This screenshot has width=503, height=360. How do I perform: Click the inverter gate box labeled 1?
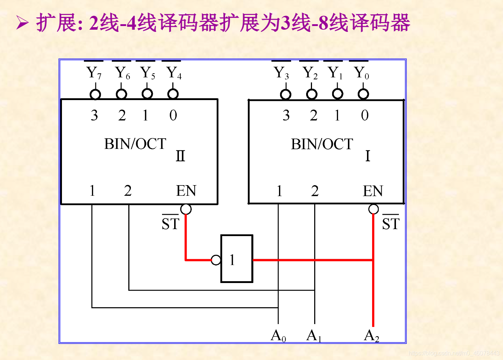pyautogui.click(x=236, y=259)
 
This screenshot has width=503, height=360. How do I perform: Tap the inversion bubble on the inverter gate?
pyautogui.click(x=216, y=260)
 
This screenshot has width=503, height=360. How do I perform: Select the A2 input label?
pyautogui.click(x=371, y=335)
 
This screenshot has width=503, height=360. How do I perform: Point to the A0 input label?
pyautogui.click(x=278, y=335)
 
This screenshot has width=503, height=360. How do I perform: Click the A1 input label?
pyautogui.click(x=314, y=335)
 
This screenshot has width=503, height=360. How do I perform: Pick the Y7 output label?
pyautogui.click(x=94, y=73)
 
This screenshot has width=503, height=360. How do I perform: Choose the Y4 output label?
pyautogui.click(x=174, y=73)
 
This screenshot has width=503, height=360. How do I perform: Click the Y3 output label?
pyautogui.click(x=281, y=73)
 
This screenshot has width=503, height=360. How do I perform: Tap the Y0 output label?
pyautogui.click(x=361, y=73)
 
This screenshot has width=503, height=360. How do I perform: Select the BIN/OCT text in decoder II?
pyautogui.click(x=135, y=144)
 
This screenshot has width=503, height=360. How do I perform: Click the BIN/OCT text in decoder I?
pyautogui.click(x=322, y=144)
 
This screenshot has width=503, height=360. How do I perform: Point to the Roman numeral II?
pyautogui.click(x=180, y=156)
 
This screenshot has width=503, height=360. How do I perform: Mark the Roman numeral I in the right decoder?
pyautogui.click(x=368, y=156)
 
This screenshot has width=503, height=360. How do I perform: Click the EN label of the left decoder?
pyautogui.click(x=186, y=191)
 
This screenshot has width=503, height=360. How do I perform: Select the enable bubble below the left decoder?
pyautogui.click(x=186, y=209)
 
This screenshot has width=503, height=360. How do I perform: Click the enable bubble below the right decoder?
pyautogui.click(x=373, y=209)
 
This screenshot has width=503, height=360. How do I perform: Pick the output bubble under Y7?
pyautogui.click(x=95, y=94)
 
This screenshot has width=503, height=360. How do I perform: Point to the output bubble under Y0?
pyautogui.click(x=363, y=94)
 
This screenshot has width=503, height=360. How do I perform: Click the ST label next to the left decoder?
pyautogui.click(x=170, y=223)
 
